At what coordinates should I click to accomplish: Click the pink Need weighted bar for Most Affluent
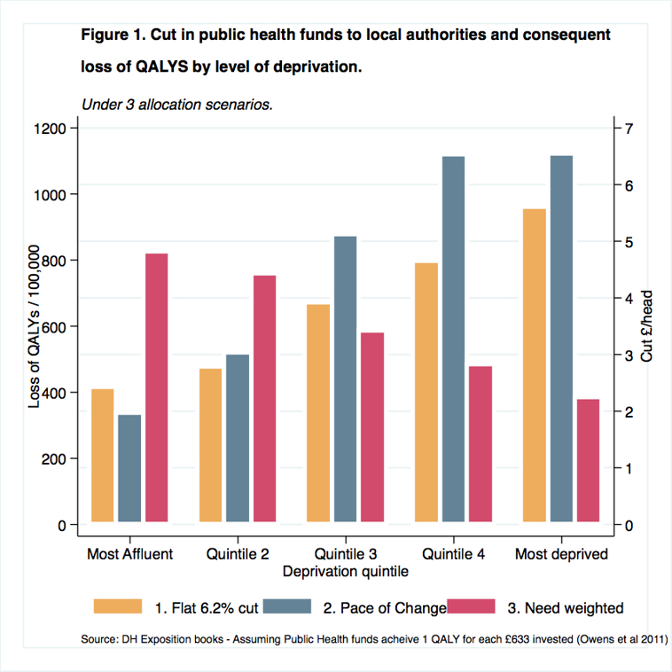coord(157,387)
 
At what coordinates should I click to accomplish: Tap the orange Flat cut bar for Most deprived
coord(535,365)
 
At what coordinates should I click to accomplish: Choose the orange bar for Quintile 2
coord(211,445)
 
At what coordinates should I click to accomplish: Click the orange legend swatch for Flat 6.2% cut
coord(118,606)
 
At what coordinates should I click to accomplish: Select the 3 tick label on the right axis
coord(629,356)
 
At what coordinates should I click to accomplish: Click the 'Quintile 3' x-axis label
coord(346,554)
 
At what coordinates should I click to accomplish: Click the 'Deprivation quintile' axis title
coord(346,572)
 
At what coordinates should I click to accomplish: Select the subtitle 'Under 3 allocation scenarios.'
coord(176,103)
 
